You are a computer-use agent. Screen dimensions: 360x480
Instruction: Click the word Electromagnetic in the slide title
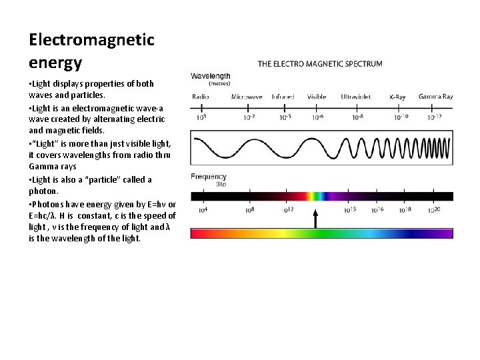91,40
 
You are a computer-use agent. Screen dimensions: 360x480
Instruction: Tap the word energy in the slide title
55,63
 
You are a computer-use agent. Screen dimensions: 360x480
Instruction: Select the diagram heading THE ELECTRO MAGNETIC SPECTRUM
320,64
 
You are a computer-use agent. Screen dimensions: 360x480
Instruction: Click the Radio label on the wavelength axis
201,97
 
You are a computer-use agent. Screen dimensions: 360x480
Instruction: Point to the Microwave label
247,97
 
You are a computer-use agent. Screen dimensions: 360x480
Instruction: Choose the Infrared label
283,97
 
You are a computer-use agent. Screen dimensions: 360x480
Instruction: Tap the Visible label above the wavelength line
317,97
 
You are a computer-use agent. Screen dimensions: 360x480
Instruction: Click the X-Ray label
397,97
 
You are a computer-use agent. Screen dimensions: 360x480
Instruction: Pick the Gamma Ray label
436,97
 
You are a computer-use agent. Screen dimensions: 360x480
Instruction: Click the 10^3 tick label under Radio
201,117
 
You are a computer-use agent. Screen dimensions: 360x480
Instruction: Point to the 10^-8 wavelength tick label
358,117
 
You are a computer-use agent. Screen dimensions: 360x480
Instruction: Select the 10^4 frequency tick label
203,210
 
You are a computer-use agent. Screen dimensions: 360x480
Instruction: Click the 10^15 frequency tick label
350,210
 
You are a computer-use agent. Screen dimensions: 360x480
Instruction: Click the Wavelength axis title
211,77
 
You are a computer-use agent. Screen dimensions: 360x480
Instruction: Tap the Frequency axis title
209,177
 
